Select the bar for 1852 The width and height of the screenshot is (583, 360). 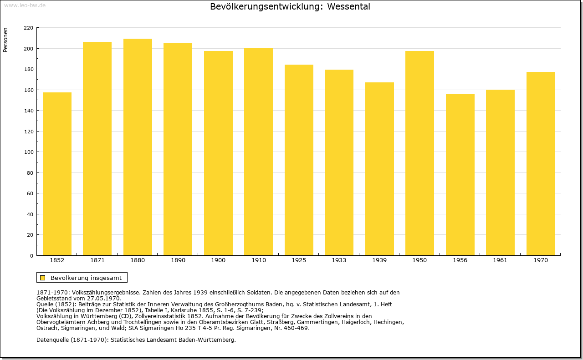57,174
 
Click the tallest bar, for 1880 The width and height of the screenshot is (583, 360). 138,147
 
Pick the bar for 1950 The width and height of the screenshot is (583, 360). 419,153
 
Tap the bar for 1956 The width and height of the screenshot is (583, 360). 460,174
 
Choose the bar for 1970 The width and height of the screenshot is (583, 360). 541,163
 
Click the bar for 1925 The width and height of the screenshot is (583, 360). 299,160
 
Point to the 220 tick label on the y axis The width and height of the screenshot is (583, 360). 28,28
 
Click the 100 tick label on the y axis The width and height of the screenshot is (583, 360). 29,152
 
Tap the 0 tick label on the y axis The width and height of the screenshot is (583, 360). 31,256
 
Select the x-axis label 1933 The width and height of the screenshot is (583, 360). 339,260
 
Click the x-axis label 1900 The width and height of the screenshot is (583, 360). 218,260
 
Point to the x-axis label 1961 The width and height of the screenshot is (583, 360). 500,260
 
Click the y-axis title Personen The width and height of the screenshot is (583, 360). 5,40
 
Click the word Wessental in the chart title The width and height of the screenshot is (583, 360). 348,6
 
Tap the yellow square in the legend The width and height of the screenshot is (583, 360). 43,278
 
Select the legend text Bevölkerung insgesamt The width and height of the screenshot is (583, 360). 86,278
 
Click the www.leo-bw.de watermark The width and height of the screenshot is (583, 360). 25,5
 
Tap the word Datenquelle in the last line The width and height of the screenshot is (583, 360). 52,340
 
